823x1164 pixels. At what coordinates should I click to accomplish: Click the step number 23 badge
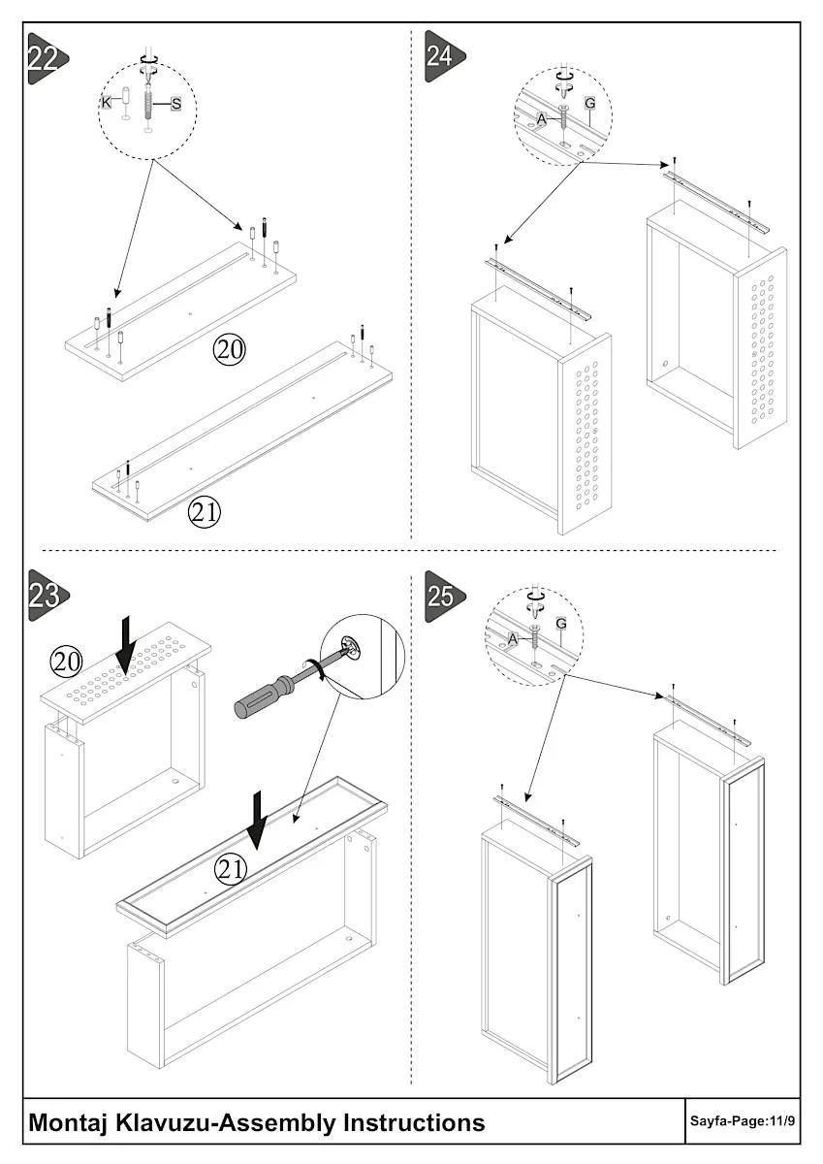45,593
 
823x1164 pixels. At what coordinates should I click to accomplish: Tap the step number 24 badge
441,55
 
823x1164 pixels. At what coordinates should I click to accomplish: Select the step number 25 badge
441,594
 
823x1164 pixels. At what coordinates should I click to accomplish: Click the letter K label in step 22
108,102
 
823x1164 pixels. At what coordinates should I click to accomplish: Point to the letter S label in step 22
175,102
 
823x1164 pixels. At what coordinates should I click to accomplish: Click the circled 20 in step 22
230,350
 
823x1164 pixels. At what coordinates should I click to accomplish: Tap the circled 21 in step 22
204,512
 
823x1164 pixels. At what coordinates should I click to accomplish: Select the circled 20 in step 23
66,663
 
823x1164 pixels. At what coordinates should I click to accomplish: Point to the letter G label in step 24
588,103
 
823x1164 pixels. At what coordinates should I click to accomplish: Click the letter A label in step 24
542,119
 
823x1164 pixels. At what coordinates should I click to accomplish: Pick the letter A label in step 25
513,637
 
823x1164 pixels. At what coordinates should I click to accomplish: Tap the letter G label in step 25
560,622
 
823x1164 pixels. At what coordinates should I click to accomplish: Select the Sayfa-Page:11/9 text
742,1122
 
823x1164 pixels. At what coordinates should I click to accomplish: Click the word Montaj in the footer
68,1122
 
